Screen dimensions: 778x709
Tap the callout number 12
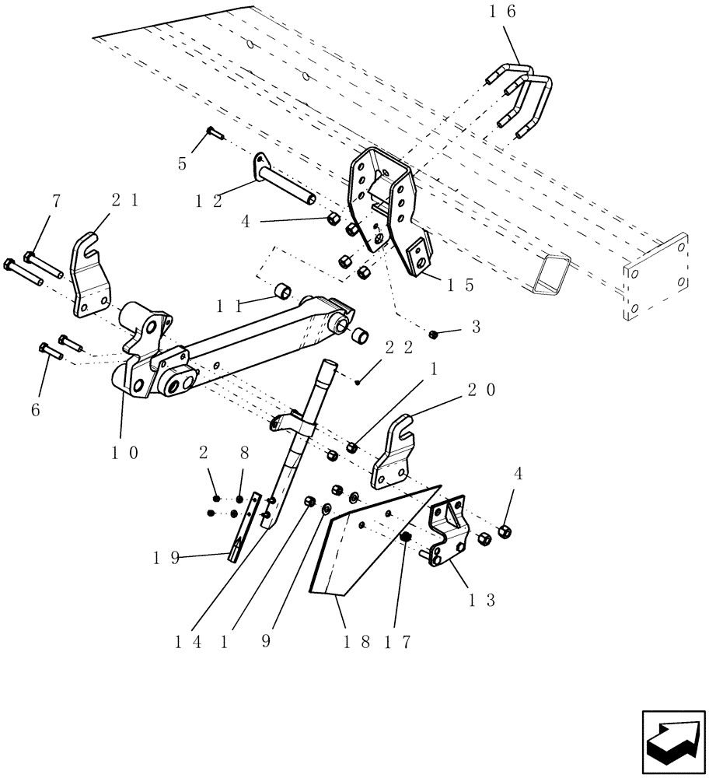tap(208, 201)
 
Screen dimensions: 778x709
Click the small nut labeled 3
tap(434, 334)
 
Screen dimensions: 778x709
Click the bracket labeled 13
tap(447, 537)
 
